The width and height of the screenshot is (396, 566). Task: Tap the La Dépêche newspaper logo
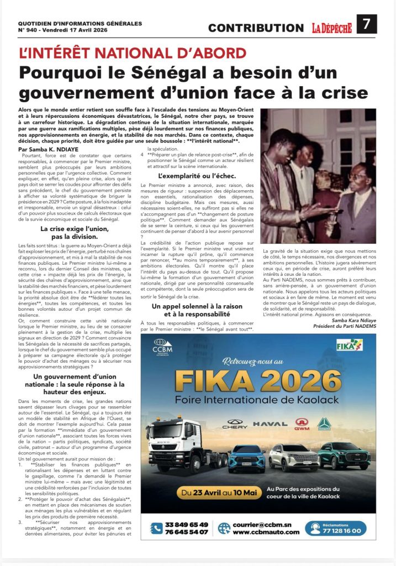click(331, 28)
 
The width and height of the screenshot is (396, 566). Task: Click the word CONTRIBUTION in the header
click(256, 28)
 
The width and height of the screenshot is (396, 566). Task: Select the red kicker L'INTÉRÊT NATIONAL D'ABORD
click(133, 54)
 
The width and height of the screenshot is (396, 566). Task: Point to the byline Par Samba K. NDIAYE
click(49, 149)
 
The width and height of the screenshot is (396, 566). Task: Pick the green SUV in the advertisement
click(343, 455)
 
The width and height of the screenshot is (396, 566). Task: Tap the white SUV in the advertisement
click(294, 457)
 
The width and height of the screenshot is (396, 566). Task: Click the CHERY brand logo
click(235, 424)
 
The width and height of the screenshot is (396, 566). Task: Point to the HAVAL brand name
click(272, 424)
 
